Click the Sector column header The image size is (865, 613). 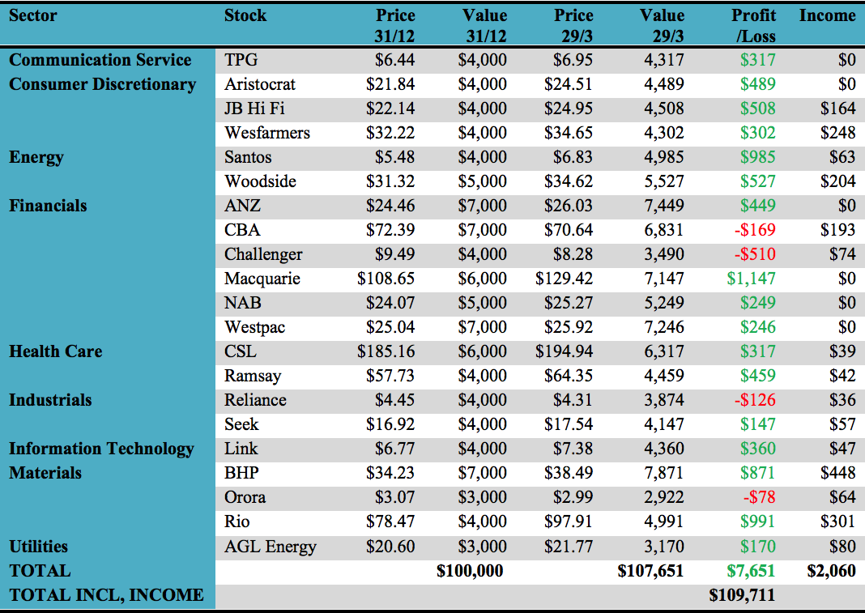coord(33,15)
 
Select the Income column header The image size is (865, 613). coord(827,15)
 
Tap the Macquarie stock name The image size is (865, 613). coord(262,279)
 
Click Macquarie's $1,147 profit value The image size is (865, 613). coord(751,279)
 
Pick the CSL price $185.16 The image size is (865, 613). coord(386,351)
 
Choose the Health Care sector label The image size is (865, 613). coord(56,351)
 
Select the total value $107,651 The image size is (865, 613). coord(650,571)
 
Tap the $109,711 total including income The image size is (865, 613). coord(742,595)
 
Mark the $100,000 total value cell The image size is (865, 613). coord(470,571)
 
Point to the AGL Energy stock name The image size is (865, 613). coord(271,547)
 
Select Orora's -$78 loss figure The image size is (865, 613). coord(760,497)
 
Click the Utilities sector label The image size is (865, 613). coord(38,547)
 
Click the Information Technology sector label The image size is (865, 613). coord(101,449)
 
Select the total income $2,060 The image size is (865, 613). coord(832,571)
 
